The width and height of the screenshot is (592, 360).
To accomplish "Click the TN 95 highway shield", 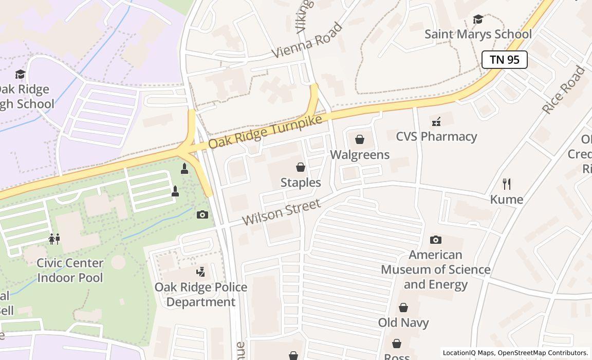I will (504, 60).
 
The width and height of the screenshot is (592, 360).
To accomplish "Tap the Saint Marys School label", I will (478, 34).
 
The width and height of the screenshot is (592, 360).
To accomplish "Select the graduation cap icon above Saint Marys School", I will (478, 20).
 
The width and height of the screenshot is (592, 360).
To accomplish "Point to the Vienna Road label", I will (306, 40).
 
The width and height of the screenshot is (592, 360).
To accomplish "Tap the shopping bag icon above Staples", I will (301, 167).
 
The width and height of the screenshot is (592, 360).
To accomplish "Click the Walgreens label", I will (360, 155).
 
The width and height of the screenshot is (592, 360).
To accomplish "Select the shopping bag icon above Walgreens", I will (360, 139).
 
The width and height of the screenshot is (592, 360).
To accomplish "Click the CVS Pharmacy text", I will (436, 136).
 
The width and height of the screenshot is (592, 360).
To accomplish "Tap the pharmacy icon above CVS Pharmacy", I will (436, 121).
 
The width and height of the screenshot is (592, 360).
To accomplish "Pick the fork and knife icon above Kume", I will (507, 184).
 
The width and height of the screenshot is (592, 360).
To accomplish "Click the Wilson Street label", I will (281, 212).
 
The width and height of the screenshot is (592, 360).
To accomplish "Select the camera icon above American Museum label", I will (436, 240).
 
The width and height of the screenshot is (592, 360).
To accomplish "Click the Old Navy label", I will (403, 323).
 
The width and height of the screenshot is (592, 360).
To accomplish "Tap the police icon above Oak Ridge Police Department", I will (201, 272).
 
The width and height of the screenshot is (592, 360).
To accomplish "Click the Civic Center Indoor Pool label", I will (70, 270).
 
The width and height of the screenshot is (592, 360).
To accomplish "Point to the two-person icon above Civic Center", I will (54, 239).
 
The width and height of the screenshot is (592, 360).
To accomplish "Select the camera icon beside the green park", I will (202, 214).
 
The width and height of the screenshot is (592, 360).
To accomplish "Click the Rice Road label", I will (564, 91).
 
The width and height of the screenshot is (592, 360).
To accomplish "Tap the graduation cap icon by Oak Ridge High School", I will (20, 75).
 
